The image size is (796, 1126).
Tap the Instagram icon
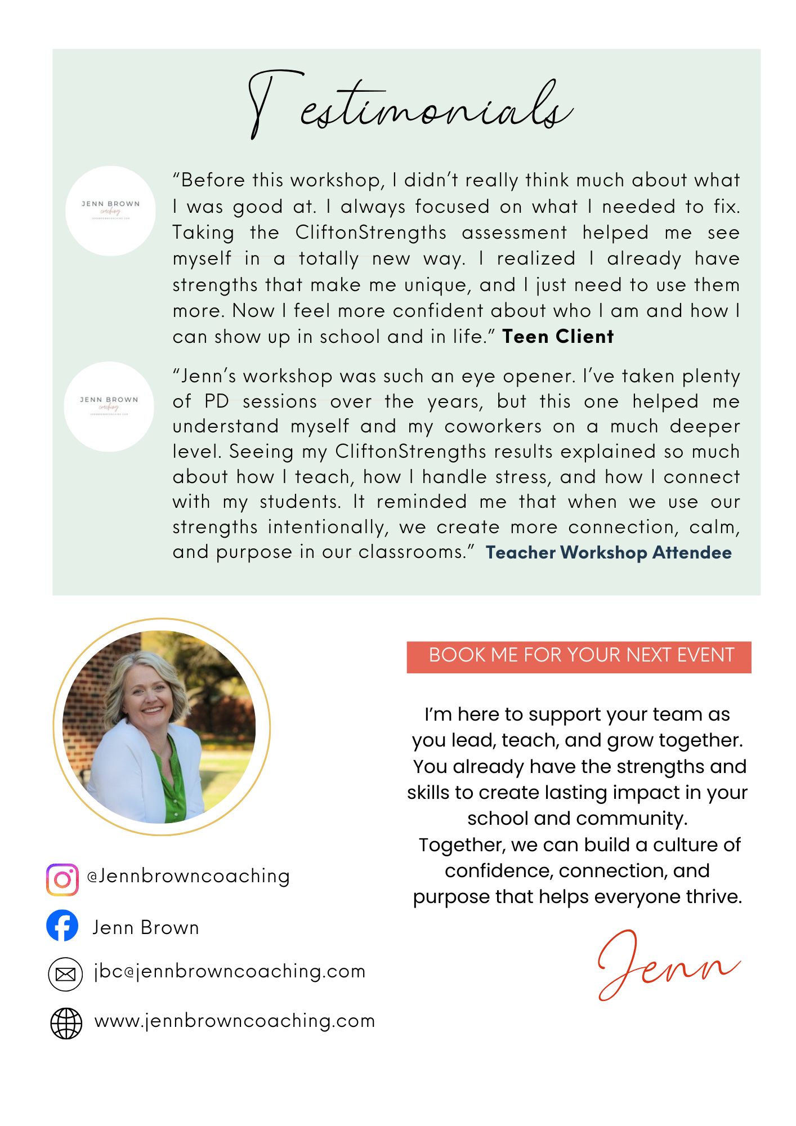coord(62,879)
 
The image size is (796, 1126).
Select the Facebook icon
coord(62,926)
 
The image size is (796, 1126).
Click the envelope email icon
coord(65,974)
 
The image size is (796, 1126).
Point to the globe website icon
coord(66,1023)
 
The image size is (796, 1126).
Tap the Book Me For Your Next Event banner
coord(579,656)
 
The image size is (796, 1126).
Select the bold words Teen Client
coord(557,337)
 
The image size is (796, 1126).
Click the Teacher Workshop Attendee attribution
coord(609,552)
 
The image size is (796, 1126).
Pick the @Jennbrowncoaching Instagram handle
coord(189,876)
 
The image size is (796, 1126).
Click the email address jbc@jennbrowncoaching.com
coord(230,972)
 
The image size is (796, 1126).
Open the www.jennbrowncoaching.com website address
coord(235,1021)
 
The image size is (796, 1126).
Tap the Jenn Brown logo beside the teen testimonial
coord(110,211)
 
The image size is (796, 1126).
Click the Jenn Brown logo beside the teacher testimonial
coord(109,406)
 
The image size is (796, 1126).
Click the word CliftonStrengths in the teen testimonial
coord(370,233)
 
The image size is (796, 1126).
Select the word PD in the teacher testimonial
coord(216,401)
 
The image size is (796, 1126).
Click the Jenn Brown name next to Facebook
coord(146,927)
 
